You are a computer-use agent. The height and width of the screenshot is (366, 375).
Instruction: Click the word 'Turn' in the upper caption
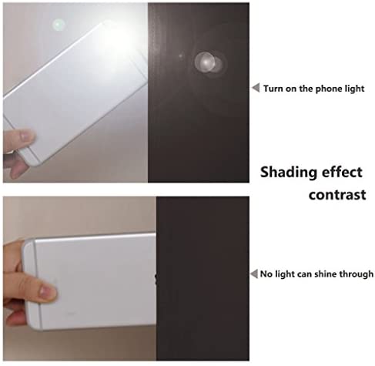pos(273,89)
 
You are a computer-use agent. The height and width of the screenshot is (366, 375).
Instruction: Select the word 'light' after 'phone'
pos(355,89)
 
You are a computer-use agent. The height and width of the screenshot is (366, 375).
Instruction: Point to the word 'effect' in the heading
pos(342,172)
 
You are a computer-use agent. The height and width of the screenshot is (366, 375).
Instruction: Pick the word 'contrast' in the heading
pos(337,195)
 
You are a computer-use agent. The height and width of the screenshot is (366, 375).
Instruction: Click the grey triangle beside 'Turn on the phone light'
pos(256,88)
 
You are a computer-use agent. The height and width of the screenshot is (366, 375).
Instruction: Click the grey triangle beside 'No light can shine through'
pos(254,274)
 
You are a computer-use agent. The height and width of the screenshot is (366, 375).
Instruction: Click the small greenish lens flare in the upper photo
pos(59,25)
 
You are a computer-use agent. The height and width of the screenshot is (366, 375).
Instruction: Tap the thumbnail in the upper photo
pos(25,136)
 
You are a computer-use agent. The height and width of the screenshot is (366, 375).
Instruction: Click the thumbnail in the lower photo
pos(47,291)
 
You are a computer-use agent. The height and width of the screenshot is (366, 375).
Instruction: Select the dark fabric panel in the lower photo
pos(203,279)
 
